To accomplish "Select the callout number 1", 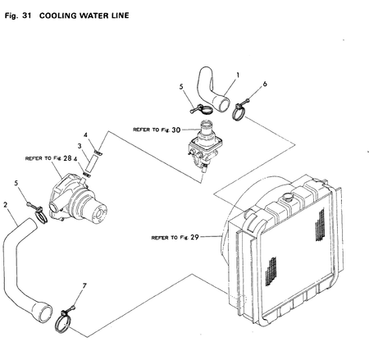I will (x=238, y=74).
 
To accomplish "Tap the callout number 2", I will (x=6, y=204).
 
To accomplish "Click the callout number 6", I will (x=265, y=84).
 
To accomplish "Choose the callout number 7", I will (x=84, y=285).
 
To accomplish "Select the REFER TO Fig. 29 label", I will (x=175, y=238).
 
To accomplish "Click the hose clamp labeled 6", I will (x=244, y=106).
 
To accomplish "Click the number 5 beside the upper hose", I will (x=181, y=84).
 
